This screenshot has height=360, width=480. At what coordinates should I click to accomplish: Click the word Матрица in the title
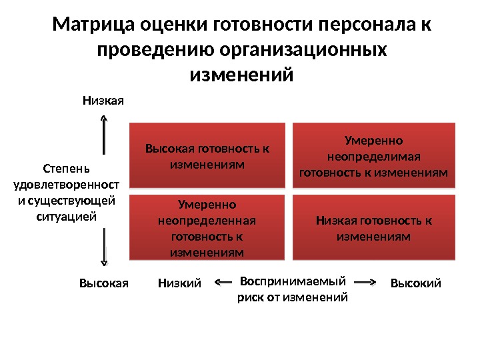tap(93, 26)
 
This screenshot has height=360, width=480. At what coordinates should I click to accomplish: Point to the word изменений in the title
tap(241, 74)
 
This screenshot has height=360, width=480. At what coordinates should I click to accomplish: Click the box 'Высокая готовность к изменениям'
tap(207, 156)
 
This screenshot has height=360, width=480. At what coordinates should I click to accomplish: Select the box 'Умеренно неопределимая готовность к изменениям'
tap(373, 156)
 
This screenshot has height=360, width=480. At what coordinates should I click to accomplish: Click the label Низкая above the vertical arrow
tap(103, 101)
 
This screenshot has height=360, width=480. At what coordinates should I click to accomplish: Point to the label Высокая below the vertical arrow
tap(103, 283)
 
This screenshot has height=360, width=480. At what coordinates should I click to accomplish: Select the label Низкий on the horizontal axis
tap(179, 284)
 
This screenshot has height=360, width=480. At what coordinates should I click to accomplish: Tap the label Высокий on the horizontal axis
tap(415, 284)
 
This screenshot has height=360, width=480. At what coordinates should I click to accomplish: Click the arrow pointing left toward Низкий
tap(225, 283)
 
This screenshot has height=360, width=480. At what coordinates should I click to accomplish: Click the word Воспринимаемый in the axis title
tap(293, 281)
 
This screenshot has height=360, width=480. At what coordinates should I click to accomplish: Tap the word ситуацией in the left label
tap(65, 216)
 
